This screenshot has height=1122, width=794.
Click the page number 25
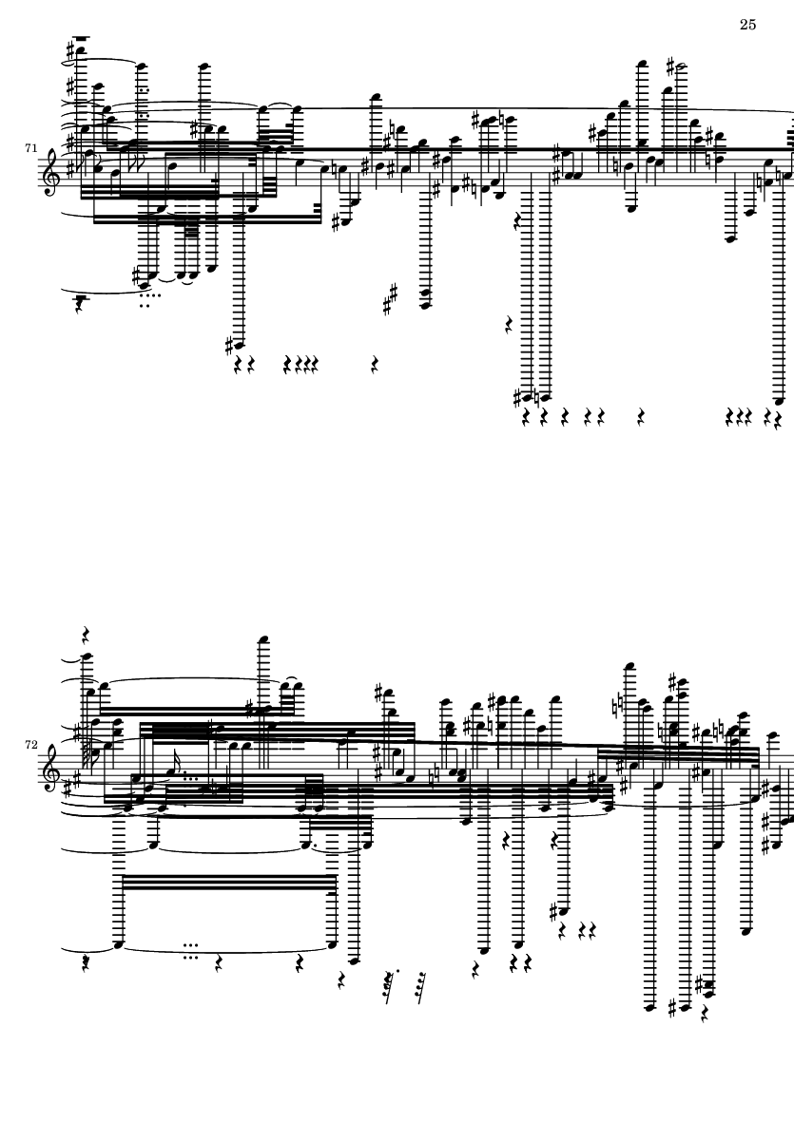click(746, 25)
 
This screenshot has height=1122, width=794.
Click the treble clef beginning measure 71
click(53, 172)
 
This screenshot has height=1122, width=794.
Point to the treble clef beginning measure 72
click(53, 766)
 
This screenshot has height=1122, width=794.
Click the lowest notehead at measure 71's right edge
click(778, 402)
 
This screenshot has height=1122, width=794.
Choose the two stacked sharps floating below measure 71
click(390, 299)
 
